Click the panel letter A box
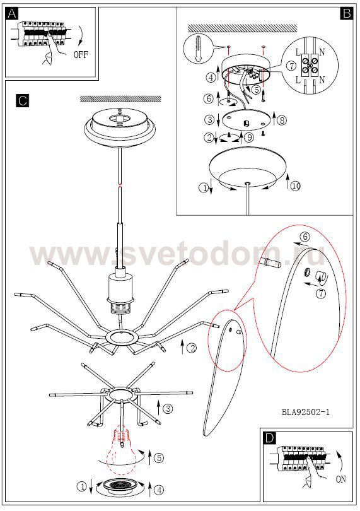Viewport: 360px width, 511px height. (12, 14)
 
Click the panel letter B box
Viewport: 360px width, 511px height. (346, 13)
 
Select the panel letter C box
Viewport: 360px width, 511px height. (23, 101)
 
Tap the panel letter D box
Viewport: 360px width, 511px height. (269, 438)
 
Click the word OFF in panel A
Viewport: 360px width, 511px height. (81, 54)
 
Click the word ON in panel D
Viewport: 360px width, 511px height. (341, 479)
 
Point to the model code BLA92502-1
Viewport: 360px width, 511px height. (306, 412)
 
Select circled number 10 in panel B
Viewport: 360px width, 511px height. (295, 186)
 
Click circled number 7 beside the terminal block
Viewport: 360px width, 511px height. (292, 66)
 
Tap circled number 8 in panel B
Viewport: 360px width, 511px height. (282, 120)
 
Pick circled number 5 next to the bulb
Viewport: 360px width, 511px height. (159, 458)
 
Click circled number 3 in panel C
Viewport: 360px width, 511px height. (168, 408)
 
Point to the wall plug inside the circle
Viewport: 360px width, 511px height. (197, 49)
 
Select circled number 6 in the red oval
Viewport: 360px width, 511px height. (305, 237)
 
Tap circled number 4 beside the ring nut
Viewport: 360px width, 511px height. (159, 490)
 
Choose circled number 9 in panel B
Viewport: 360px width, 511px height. (249, 138)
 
